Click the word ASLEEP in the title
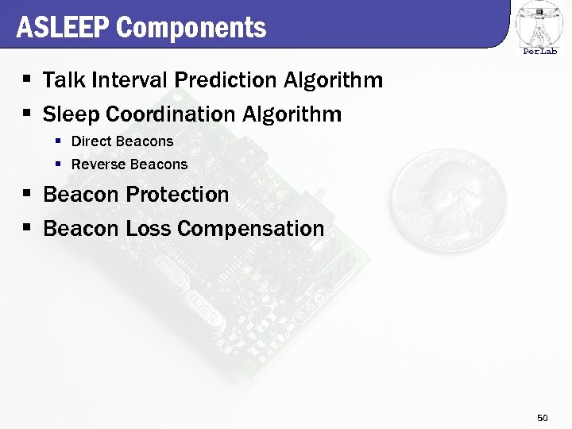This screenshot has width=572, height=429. (x=63, y=28)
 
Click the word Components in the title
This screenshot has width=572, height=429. (x=191, y=28)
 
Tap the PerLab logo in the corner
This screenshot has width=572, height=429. (x=539, y=29)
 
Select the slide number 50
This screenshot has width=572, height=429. (x=543, y=417)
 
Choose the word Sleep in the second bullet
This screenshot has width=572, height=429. (x=69, y=114)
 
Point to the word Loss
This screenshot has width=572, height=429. (x=149, y=229)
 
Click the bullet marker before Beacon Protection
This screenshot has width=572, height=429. (x=26, y=195)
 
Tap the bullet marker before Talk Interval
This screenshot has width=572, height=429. (x=26, y=80)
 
